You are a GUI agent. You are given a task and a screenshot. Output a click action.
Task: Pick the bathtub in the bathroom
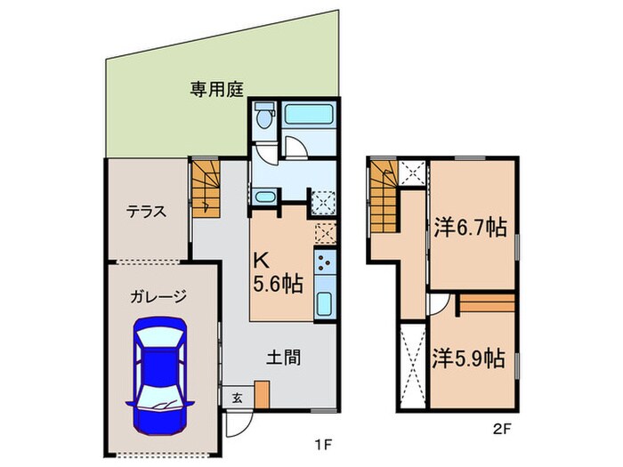pyautogui.click(x=308, y=116)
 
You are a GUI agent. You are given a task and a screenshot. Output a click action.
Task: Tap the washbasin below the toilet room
pyautogui.click(x=264, y=197)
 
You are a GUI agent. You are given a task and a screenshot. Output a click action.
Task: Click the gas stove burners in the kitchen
pyautogui.click(x=325, y=262)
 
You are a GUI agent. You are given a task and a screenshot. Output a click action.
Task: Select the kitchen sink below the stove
pyautogui.click(x=325, y=302)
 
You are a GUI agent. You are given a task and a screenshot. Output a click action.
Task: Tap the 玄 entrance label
pyautogui.click(x=237, y=397)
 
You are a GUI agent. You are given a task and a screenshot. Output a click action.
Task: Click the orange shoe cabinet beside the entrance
pyautogui.click(x=262, y=395)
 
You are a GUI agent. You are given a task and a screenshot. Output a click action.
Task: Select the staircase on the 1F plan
pyautogui.click(x=205, y=187)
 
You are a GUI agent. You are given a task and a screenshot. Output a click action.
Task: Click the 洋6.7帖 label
pyautogui.click(x=470, y=227)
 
